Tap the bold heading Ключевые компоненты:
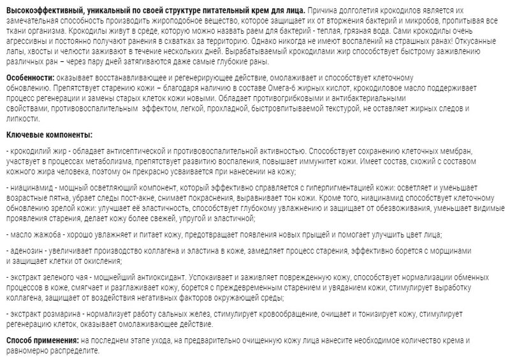pyautogui.click(x=48, y=134)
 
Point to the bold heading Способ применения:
pyautogui.click(x=42, y=341)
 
